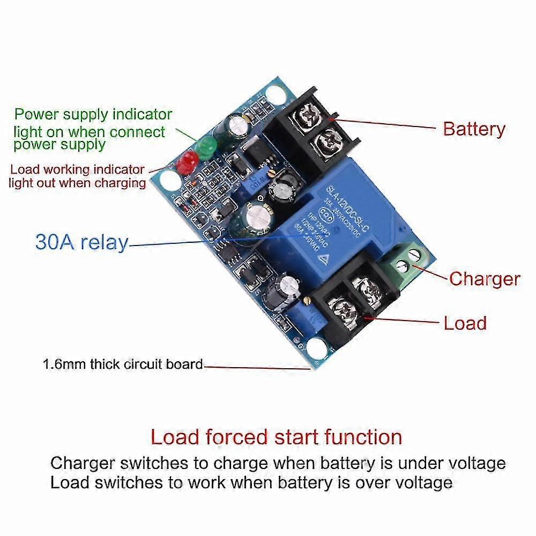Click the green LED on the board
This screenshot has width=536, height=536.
coord(205,145)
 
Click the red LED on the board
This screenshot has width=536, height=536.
coord(188,161)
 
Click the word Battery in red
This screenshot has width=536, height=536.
coord(474,129)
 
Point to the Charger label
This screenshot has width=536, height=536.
coord(484,279)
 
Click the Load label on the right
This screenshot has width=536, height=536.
coord(465,323)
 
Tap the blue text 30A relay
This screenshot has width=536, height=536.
coord(82,242)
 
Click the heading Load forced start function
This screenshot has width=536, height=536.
coord(276,437)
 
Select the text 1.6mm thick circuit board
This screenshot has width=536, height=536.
coord(123,364)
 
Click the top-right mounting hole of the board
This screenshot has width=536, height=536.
coord(277,96)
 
